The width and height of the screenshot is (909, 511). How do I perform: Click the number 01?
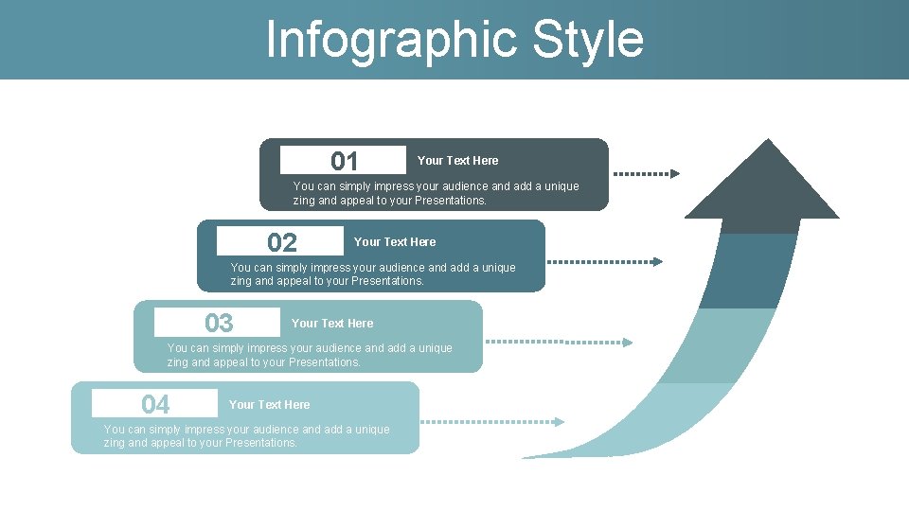[x=345, y=161]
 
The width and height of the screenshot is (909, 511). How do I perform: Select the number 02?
[x=281, y=242]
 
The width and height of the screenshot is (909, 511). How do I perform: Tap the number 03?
[x=219, y=324]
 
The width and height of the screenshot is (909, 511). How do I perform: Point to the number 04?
[x=155, y=405]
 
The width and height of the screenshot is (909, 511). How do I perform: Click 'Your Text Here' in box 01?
[x=457, y=161]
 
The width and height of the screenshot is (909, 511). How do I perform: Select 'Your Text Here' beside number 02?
[x=395, y=242]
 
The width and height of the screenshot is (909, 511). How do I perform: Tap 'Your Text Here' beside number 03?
[x=332, y=324]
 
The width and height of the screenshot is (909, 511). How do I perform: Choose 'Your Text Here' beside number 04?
[x=269, y=405]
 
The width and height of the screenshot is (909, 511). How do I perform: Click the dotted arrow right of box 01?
[x=647, y=174]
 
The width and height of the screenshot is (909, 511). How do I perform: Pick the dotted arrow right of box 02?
[x=605, y=261]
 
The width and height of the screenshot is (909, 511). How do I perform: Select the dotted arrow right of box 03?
[x=559, y=342]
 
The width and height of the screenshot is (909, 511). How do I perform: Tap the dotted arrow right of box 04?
[x=491, y=422]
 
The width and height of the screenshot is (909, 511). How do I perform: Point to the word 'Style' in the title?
[x=588, y=40]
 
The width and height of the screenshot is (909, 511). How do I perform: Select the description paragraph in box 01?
[x=436, y=193]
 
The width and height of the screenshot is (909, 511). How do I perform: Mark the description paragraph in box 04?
[x=246, y=436]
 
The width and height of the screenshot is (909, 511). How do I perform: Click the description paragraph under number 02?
[x=373, y=274]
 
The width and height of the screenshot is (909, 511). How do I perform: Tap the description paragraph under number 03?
[x=310, y=355]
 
